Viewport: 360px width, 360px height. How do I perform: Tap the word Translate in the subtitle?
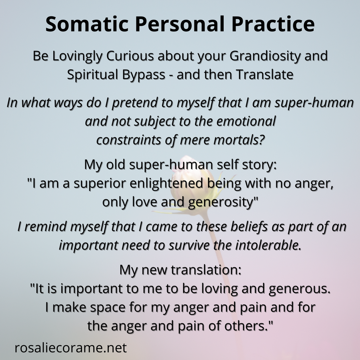[265, 75]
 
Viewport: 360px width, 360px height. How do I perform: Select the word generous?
[299, 289]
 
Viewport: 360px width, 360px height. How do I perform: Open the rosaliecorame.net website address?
[70, 348]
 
